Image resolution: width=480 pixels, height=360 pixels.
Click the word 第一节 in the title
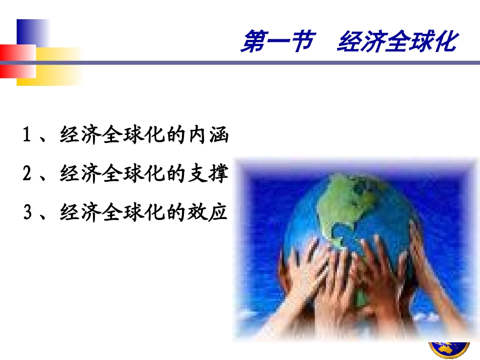tap(277, 41)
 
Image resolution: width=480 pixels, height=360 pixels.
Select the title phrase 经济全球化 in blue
tap(397, 41)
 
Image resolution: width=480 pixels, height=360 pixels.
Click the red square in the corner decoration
tap(15, 61)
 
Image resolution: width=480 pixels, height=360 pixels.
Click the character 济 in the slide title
tap(372, 41)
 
